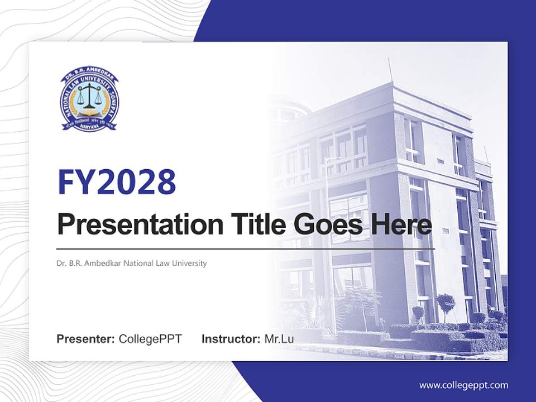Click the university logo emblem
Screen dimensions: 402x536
coord(90,101)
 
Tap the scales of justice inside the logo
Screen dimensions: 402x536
coord(90,98)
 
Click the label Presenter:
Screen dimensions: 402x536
coord(86,339)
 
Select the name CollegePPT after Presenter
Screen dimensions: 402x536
coord(150,339)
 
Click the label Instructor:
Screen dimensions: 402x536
coord(231,339)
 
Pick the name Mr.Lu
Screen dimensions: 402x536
coord(279,339)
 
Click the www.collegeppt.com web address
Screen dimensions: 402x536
coord(463,385)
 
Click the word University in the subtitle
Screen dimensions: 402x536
coord(189,263)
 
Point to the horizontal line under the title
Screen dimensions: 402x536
coord(246,248)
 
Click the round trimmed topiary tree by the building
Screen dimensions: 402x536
coord(446,302)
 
